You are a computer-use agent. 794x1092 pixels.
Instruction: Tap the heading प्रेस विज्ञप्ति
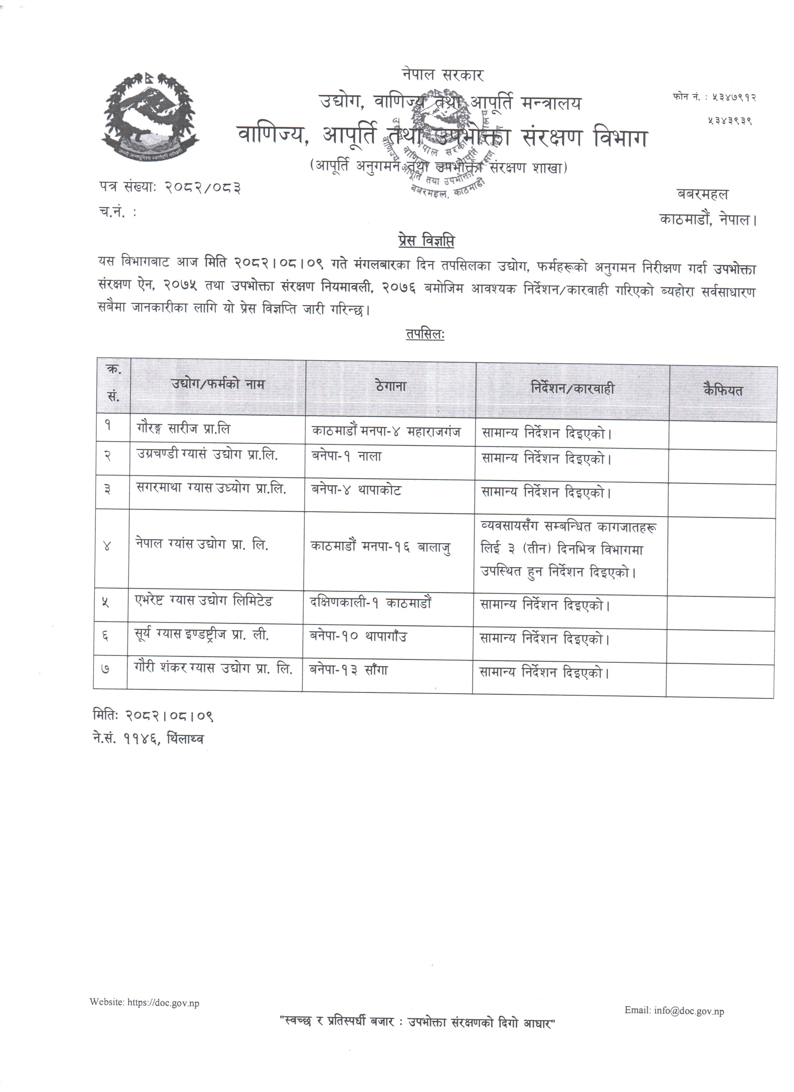click(426, 241)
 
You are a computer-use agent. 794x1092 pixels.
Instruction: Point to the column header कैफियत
click(723, 390)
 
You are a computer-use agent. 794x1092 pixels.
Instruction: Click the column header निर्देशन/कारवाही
click(573, 388)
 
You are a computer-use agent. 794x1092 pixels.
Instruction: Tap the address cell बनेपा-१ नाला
click(347, 456)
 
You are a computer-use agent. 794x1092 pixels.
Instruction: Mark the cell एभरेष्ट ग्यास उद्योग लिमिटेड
click(204, 601)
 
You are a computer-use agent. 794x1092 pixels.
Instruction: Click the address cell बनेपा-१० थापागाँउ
click(359, 637)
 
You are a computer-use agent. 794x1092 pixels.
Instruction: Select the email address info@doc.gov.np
click(688, 1011)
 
